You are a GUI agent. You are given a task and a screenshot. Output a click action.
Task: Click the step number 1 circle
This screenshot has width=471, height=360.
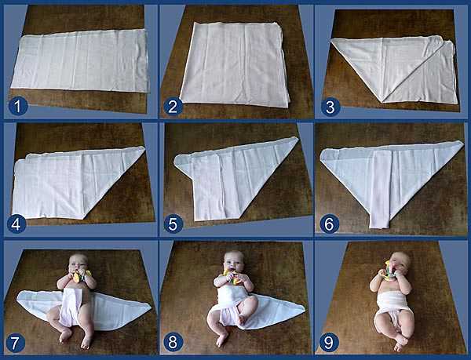(x=18, y=107)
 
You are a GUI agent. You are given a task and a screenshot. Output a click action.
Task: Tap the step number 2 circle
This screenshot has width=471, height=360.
(x=173, y=107)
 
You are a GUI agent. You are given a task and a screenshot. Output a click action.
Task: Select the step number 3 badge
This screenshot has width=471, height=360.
(x=330, y=107)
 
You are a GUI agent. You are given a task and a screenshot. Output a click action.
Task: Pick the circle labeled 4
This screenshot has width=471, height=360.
(x=16, y=224)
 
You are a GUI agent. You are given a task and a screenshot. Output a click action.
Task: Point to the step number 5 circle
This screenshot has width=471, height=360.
(x=173, y=224)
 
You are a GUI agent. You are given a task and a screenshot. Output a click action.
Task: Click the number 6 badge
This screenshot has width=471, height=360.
(x=330, y=224)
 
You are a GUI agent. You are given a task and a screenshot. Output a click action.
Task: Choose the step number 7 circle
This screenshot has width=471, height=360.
(x=16, y=342)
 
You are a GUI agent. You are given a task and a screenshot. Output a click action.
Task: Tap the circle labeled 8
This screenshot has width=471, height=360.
(x=173, y=342)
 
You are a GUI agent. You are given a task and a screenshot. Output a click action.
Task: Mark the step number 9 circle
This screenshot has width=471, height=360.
(x=329, y=342)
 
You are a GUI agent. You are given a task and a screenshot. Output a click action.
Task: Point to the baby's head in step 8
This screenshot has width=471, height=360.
(x=234, y=261)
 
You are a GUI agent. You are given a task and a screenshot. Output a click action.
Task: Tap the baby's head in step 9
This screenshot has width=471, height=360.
(x=400, y=262)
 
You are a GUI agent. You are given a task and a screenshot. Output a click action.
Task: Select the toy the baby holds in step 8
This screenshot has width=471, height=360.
(x=233, y=277)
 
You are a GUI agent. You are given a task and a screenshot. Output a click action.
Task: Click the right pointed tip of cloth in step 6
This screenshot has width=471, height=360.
(x=463, y=143)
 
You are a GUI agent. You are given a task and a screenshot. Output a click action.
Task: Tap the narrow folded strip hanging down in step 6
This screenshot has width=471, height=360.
(x=380, y=189)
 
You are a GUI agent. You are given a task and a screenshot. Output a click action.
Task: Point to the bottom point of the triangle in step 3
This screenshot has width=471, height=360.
(x=382, y=102)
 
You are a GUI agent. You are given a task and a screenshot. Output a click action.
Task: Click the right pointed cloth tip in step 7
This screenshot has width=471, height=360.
(x=150, y=307)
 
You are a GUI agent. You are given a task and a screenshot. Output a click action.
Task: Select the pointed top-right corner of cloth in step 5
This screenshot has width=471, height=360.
(x=297, y=138)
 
